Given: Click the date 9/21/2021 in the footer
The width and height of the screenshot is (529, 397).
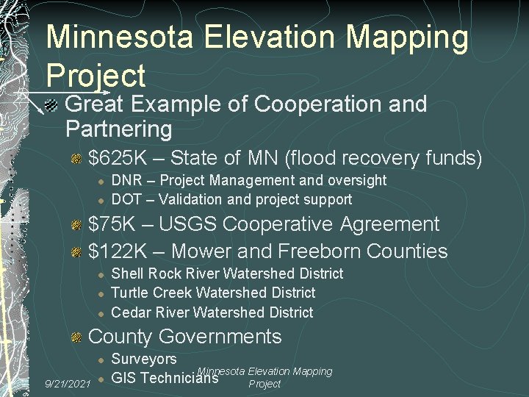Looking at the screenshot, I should click(x=68, y=384).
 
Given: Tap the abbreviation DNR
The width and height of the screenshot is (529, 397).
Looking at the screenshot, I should click(x=124, y=180).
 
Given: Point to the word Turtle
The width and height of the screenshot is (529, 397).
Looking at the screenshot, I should click(x=129, y=293).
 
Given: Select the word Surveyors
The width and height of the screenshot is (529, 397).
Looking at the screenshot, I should click(x=144, y=360).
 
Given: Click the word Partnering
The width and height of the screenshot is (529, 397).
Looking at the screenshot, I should click(x=118, y=129).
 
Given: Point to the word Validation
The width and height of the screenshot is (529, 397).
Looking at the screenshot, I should click(x=187, y=199).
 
